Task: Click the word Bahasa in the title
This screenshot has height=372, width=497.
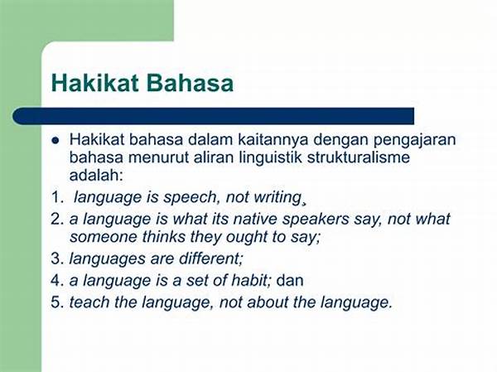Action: tap(190, 83)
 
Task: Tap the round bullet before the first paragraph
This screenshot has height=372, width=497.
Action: tap(55, 140)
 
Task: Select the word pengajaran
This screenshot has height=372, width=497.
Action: tap(415, 141)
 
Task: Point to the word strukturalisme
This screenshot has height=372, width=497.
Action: tap(359, 157)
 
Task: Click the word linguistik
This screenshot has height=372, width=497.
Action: tap(270, 157)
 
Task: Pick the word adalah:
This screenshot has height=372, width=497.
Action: tap(96, 175)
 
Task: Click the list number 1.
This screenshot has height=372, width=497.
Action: tap(58, 197)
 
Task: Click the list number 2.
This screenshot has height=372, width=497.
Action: tap(58, 220)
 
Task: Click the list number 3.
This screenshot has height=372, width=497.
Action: tap(58, 258)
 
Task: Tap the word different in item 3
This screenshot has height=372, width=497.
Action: tap(210, 258)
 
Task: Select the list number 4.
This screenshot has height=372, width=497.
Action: tap(58, 281)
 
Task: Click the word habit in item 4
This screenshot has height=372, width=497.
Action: tap(250, 280)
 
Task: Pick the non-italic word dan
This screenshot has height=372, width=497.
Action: tap(290, 280)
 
